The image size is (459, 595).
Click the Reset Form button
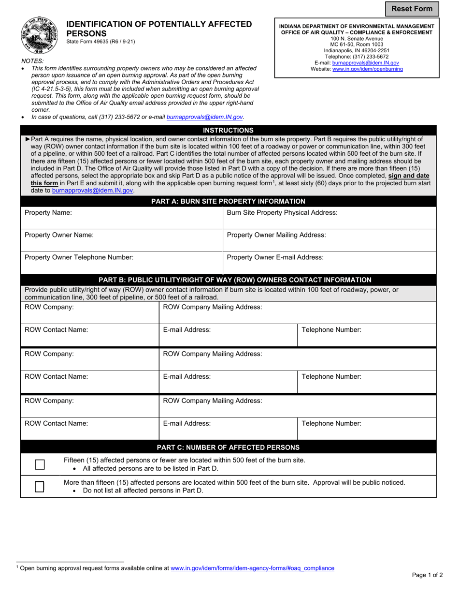[x=412, y=9]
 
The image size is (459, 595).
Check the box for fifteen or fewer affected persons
[x=40, y=464]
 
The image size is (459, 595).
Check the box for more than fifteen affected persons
[x=40, y=486]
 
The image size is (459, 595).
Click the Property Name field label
[x=48, y=213]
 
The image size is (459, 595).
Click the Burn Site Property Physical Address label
[x=282, y=213]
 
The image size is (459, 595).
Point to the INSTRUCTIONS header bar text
[x=228, y=130]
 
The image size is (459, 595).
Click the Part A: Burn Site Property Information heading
[x=228, y=201]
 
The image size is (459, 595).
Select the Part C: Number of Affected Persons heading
[x=228, y=447]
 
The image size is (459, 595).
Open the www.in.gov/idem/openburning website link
[x=367, y=69]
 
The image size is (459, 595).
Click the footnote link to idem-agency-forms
[x=252, y=568]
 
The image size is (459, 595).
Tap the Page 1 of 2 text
[x=427, y=575]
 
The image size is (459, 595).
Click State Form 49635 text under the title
[x=100, y=42]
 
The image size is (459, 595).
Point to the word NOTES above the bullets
[x=32, y=61]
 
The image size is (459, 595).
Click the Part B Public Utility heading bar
[x=235, y=280]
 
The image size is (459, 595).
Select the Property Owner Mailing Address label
[x=276, y=235]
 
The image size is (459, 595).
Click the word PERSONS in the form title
[x=86, y=33]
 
